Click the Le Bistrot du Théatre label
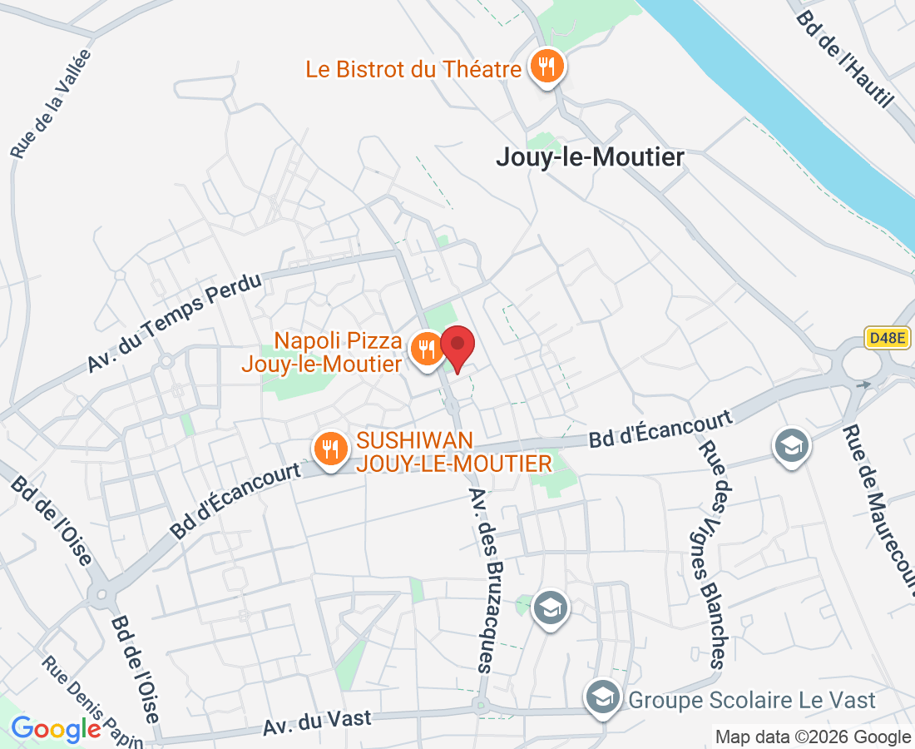pos(413,69)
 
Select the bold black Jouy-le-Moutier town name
pos(590,157)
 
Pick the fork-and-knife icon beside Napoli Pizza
pos(428,349)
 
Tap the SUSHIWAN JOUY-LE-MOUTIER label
pos(454,452)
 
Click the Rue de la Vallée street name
pos(52,104)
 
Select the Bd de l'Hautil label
pos(844,59)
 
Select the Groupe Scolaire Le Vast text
pos(752,700)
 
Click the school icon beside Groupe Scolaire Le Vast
pos(601,697)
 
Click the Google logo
pos(56,729)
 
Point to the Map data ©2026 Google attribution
pos(813,737)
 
